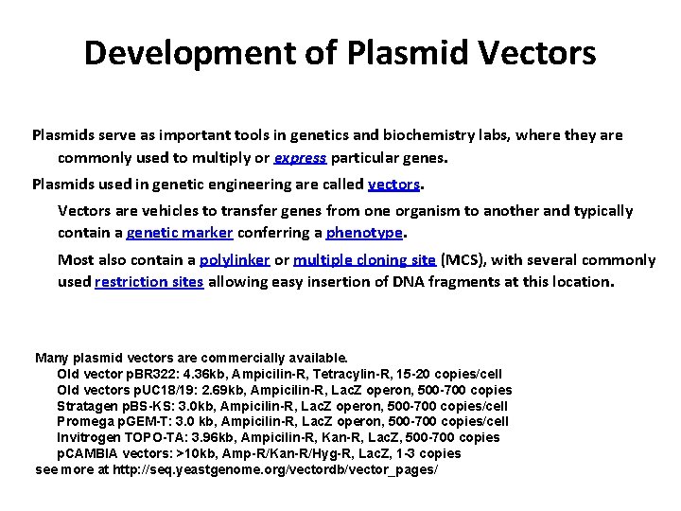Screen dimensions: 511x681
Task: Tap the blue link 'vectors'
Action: (393, 184)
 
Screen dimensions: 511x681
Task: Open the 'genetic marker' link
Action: (179, 233)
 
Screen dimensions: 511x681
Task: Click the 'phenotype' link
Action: (364, 233)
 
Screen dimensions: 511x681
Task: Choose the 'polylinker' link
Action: (236, 259)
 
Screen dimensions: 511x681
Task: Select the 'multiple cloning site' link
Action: (364, 259)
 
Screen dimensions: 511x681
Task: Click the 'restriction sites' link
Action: (149, 281)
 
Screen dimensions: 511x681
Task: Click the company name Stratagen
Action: (86, 406)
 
